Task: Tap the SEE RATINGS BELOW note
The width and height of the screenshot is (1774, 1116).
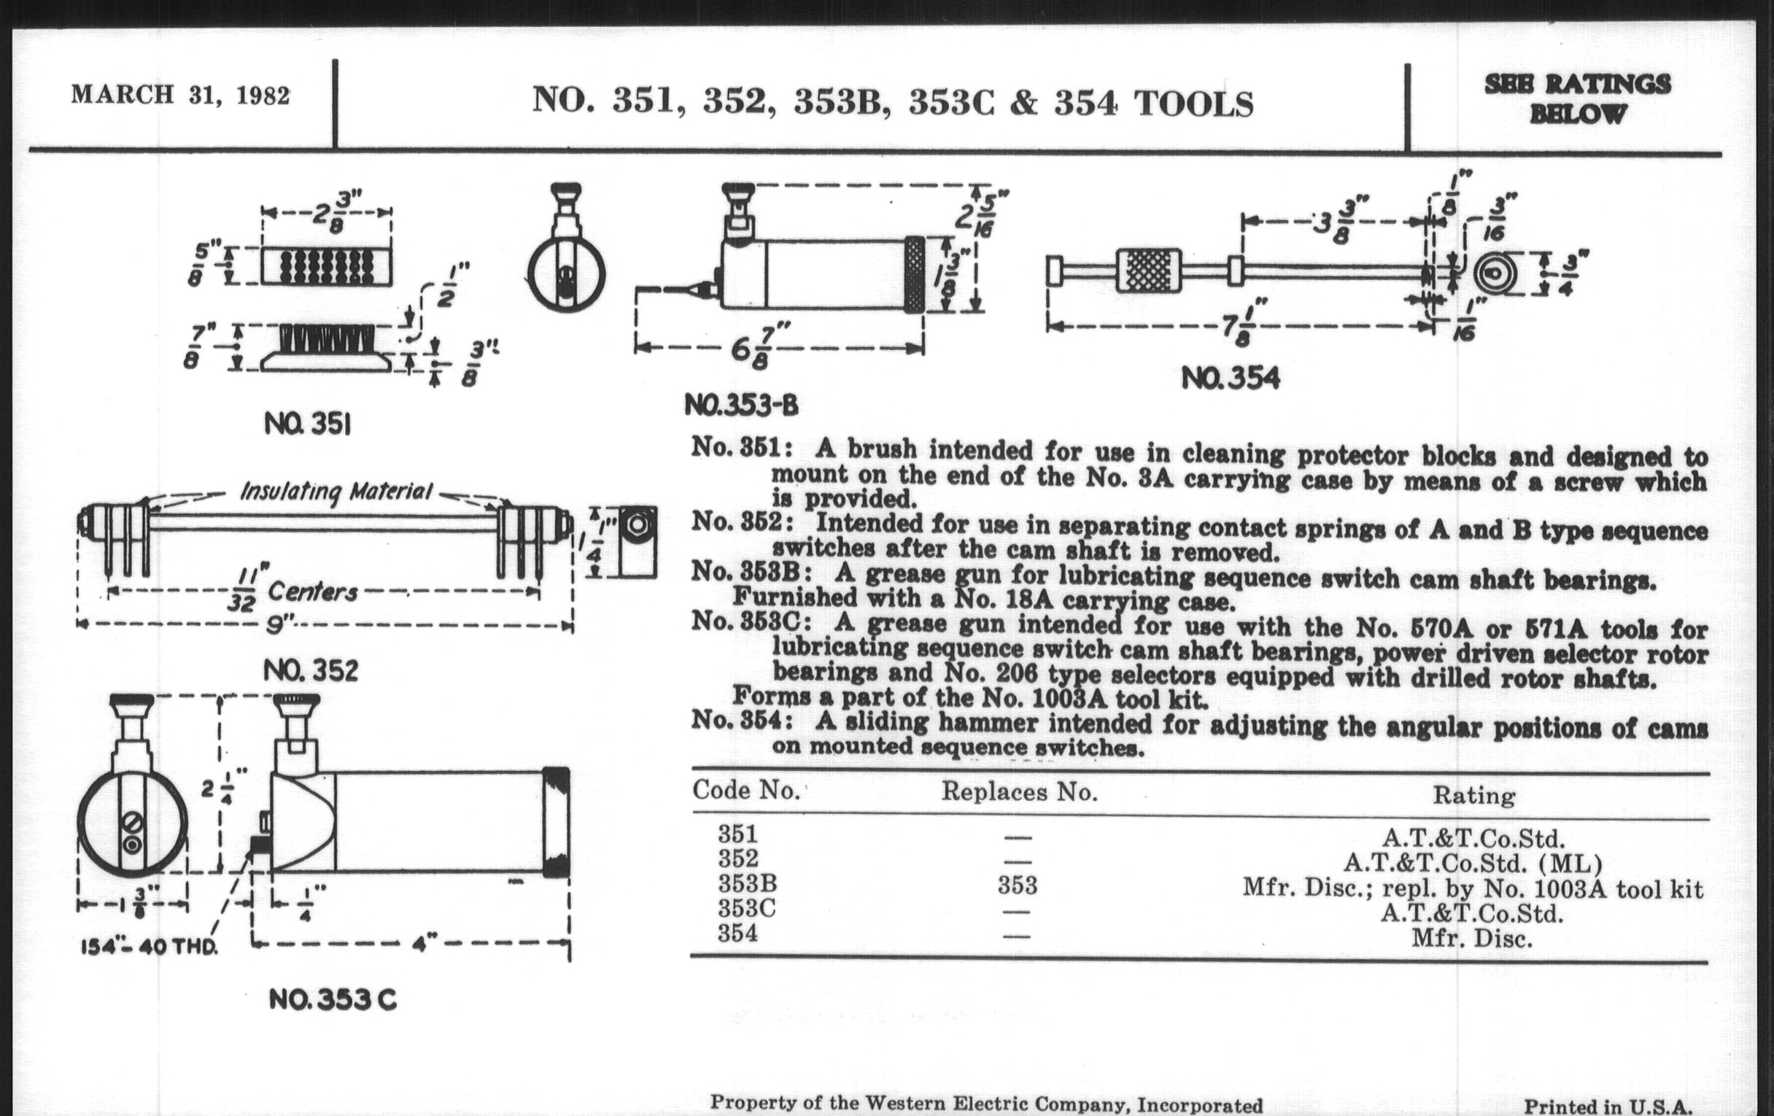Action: coord(1577,99)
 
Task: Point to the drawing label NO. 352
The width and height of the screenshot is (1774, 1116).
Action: coord(310,670)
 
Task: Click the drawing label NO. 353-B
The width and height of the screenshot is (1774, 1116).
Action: coord(740,404)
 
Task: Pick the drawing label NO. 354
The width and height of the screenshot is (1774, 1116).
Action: coord(1231,379)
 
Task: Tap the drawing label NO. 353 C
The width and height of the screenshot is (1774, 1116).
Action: coord(332,999)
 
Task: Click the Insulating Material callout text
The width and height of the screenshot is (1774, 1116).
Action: coord(336,492)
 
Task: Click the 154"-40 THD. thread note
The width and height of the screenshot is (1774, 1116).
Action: coord(149,947)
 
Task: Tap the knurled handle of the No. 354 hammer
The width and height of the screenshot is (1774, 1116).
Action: coord(1149,271)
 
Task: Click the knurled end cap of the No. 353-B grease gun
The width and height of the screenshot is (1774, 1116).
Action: coord(914,274)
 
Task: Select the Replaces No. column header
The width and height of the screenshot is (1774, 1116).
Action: coord(1019,792)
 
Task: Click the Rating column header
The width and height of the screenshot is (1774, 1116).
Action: coord(1473,796)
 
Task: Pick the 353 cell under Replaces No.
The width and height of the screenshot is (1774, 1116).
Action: coord(1018,885)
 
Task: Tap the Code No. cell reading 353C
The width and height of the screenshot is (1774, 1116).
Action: coord(747,908)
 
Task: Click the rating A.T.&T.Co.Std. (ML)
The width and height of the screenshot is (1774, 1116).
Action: coord(1472,863)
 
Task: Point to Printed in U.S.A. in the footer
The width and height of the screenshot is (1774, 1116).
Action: coord(1608,1106)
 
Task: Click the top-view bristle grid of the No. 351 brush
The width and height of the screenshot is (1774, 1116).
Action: coord(326,266)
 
